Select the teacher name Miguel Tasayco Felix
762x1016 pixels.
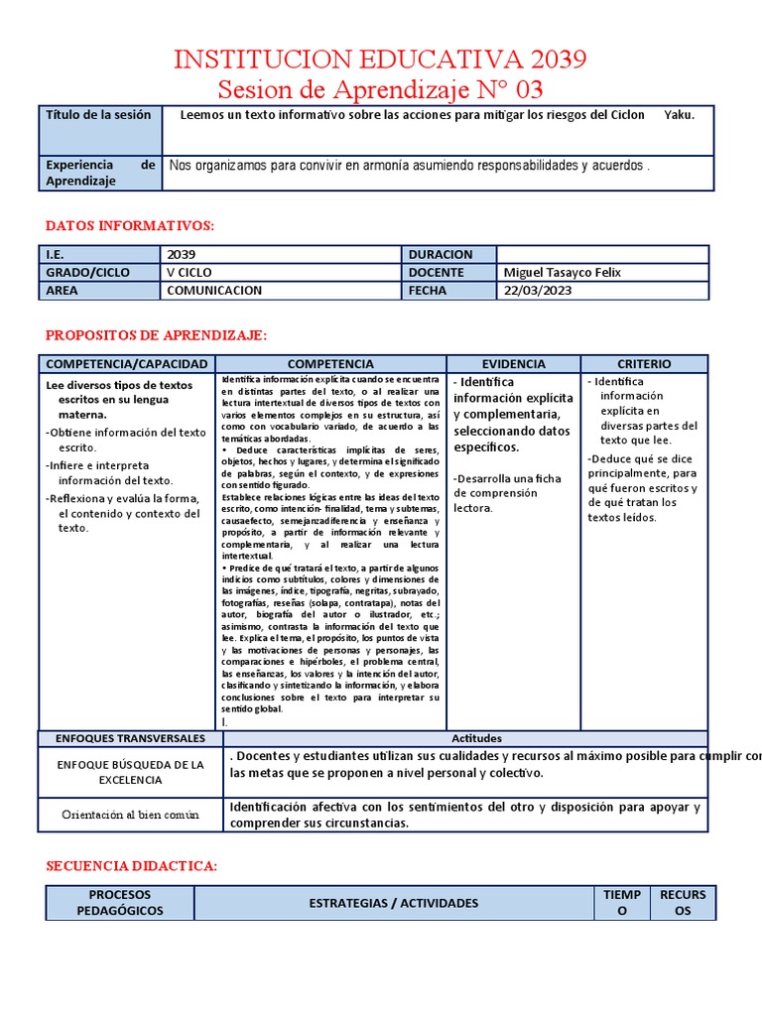(563, 273)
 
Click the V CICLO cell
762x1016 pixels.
(190, 273)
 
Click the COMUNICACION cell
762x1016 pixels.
(214, 291)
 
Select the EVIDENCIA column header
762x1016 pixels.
(513, 364)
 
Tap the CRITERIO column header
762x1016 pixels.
(644, 364)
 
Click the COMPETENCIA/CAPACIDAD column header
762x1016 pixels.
(127, 364)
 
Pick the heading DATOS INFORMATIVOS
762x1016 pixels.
(130, 226)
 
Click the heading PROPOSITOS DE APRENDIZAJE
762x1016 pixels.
(157, 335)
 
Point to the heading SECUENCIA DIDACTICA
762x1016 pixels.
(132, 866)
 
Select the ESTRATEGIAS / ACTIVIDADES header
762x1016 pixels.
(394, 903)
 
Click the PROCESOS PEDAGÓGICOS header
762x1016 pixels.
(119, 903)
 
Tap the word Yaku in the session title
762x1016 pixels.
(679, 114)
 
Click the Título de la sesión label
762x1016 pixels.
(98, 114)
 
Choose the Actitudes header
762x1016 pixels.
(476, 738)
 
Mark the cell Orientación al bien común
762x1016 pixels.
(130, 815)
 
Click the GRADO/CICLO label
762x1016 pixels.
(86, 273)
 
